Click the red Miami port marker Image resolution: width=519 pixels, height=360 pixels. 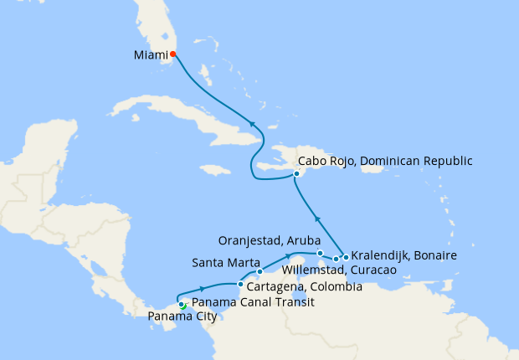(x=173, y=54)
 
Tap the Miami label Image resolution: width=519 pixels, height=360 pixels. (x=150, y=55)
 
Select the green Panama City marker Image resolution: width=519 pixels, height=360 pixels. (x=182, y=306)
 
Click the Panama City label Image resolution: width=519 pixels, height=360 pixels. (x=182, y=316)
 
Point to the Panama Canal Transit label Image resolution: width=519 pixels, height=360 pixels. (x=253, y=302)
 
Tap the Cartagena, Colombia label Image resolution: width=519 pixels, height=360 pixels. (x=305, y=286)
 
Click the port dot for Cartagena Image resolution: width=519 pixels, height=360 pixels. (x=240, y=285)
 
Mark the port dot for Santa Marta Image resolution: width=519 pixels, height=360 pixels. (x=259, y=271)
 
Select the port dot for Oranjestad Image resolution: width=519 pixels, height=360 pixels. (x=321, y=253)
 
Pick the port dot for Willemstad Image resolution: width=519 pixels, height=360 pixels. (x=336, y=259)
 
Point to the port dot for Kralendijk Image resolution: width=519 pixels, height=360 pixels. (x=346, y=257)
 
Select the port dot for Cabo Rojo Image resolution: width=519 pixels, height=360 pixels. (x=295, y=174)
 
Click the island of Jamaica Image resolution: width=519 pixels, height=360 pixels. (x=215, y=170)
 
